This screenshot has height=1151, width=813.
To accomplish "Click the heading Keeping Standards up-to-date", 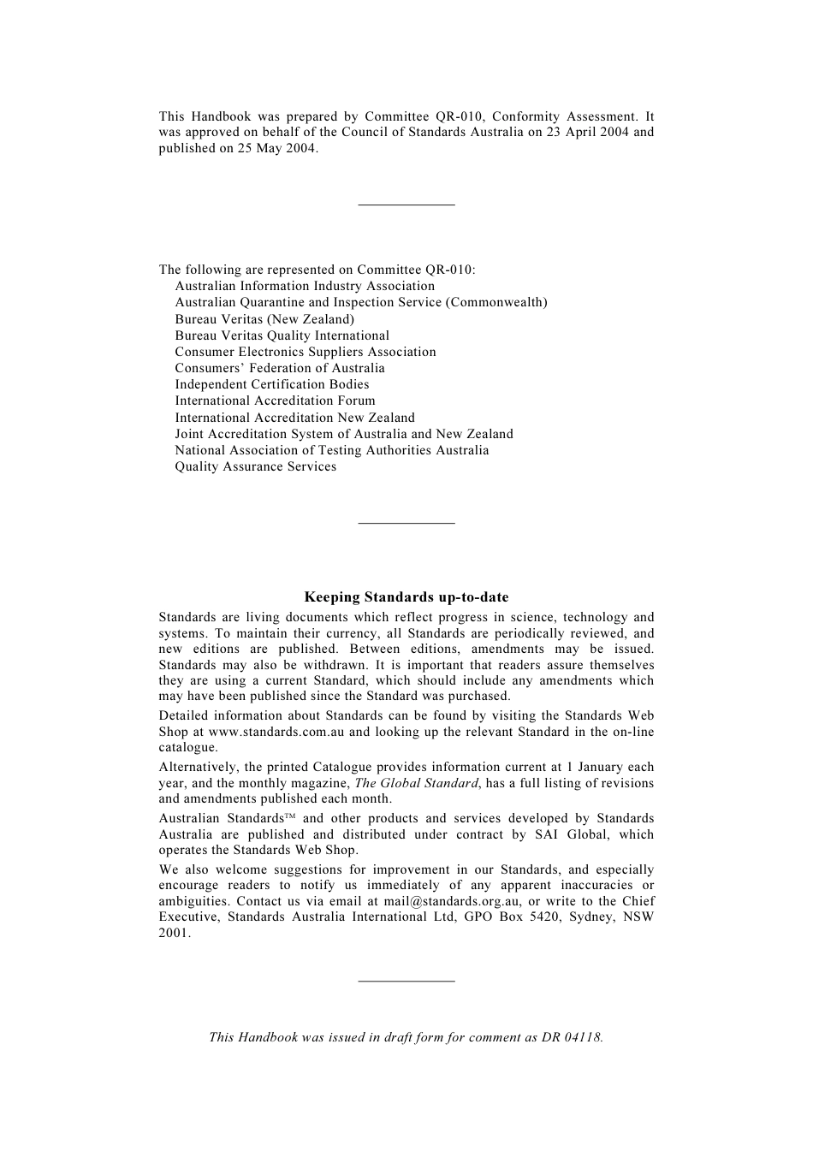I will (406, 597).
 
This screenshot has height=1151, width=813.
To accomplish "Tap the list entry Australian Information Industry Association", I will (305, 286).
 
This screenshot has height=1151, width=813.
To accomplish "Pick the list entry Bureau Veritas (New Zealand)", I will (264, 319).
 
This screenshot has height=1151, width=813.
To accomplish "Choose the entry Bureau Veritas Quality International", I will (282, 335).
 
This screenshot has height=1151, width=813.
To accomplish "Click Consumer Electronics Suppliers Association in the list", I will (306, 352).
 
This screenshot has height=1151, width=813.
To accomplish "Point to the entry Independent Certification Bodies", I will (272, 384).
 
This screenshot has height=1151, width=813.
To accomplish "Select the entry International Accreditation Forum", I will (275, 400).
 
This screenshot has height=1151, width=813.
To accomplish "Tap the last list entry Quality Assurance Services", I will (256, 466).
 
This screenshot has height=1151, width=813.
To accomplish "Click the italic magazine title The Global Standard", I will (416, 783).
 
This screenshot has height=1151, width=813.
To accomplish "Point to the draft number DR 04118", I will (571, 1037).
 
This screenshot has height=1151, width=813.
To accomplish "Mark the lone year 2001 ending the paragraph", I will (174, 933).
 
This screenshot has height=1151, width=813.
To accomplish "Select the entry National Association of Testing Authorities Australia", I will (332, 450).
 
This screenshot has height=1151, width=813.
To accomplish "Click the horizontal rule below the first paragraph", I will (406, 205).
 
